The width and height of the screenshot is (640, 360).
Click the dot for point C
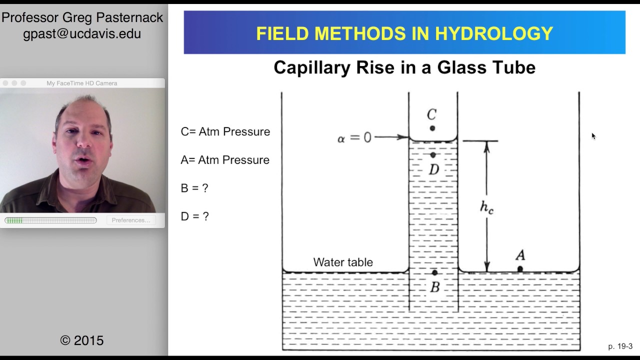click(x=432, y=128)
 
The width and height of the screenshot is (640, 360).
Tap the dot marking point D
click(x=433, y=155)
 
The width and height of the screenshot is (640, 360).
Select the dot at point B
click(x=434, y=272)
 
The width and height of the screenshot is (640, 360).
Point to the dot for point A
click(x=520, y=269)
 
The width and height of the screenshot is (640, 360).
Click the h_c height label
click(x=486, y=207)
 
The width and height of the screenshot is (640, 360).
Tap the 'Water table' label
click(x=343, y=262)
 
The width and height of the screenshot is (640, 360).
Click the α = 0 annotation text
click(x=354, y=137)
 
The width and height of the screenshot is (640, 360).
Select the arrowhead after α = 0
click(x=405, y=136)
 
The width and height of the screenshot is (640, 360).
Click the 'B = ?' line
click(x=194, y=188)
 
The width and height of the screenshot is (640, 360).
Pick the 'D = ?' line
click(x=194, y=216)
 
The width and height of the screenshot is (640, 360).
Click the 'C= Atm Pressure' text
click(x=225, y=131)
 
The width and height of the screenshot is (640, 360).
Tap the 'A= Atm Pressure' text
click(x=225, y=160)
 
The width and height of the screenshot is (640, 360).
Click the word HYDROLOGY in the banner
click(x=494, y=33)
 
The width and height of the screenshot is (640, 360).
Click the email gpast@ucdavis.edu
click(x=82, y=34)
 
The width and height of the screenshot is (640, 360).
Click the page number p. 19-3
click(x=620, y=346)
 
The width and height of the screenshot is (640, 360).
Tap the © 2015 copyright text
click(x=82, y=340)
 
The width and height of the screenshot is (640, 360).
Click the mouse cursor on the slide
click(x=593, y=136)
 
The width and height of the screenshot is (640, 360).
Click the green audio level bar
click(x=14, y=220)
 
